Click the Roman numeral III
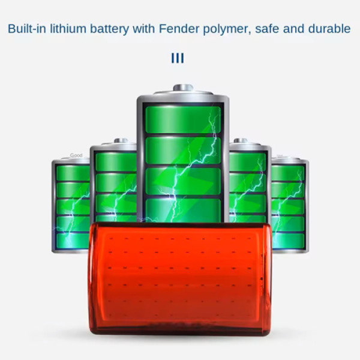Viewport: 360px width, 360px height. (177, 58)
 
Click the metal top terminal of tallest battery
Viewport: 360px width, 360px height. (182, 88)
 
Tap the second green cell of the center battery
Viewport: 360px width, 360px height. (182, 150)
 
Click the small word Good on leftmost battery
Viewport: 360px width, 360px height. (76, 155)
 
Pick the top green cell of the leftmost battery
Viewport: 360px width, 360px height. (72, 173)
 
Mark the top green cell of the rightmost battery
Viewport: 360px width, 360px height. (289, 173)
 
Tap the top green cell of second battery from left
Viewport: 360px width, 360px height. (115, 161)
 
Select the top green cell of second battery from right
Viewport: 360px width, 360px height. (247, 161)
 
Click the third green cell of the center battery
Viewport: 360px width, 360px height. (182, 180)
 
